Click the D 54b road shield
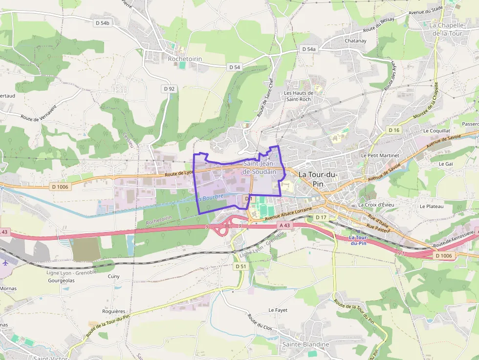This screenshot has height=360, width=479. click(103, 23)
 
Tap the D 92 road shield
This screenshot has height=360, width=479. click(169, 88)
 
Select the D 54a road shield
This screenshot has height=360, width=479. click(309, 49)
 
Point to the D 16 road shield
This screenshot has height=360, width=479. click(393, 130)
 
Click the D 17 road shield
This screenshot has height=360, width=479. click(321, 217)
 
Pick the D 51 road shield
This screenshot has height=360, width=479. click(240, 266)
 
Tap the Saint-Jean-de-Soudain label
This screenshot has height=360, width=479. click(260, 168)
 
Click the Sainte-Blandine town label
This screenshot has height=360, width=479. click(305, 344)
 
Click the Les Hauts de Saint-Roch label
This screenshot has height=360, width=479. click(298, 96)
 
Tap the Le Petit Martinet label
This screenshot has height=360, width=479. click(380, 155)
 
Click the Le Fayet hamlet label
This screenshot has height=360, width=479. click(278, 310)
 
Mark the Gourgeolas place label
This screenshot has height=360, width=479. click(61, 281)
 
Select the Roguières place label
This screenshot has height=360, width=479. click(114, 311)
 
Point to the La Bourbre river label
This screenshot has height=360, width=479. click(210, 198)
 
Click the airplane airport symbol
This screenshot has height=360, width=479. click(5, 262)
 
